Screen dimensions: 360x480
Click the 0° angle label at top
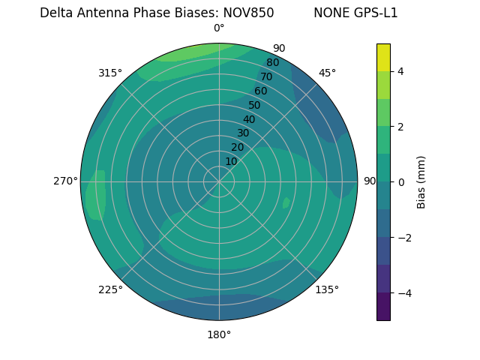(x=219, y=28)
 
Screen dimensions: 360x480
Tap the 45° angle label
(x=327, y=73)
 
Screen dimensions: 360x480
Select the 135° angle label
(x=327, y=289)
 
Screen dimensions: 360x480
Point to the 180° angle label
(x=219, y=334)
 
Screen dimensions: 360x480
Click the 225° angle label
(x=110, y=290)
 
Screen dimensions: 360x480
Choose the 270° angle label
(x=65, y=181)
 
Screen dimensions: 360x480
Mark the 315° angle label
(x=110, y=73)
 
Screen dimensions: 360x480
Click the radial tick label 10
(x=231, y=161)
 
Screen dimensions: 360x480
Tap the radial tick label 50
(x=254, y=105)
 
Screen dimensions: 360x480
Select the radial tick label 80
(x=272, y=63)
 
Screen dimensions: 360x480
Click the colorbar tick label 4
(x=401, y=71)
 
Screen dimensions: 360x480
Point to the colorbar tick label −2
(x=404, y=238)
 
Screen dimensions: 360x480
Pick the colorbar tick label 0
(x=401, y=182)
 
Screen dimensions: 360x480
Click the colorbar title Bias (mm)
(x=421, y=182)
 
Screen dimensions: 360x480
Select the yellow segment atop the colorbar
(x=383, y=57)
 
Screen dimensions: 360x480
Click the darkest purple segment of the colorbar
(x=383, y=307)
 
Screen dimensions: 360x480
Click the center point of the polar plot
(x=219, y=181)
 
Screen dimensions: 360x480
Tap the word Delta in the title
(x=56, y=13)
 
